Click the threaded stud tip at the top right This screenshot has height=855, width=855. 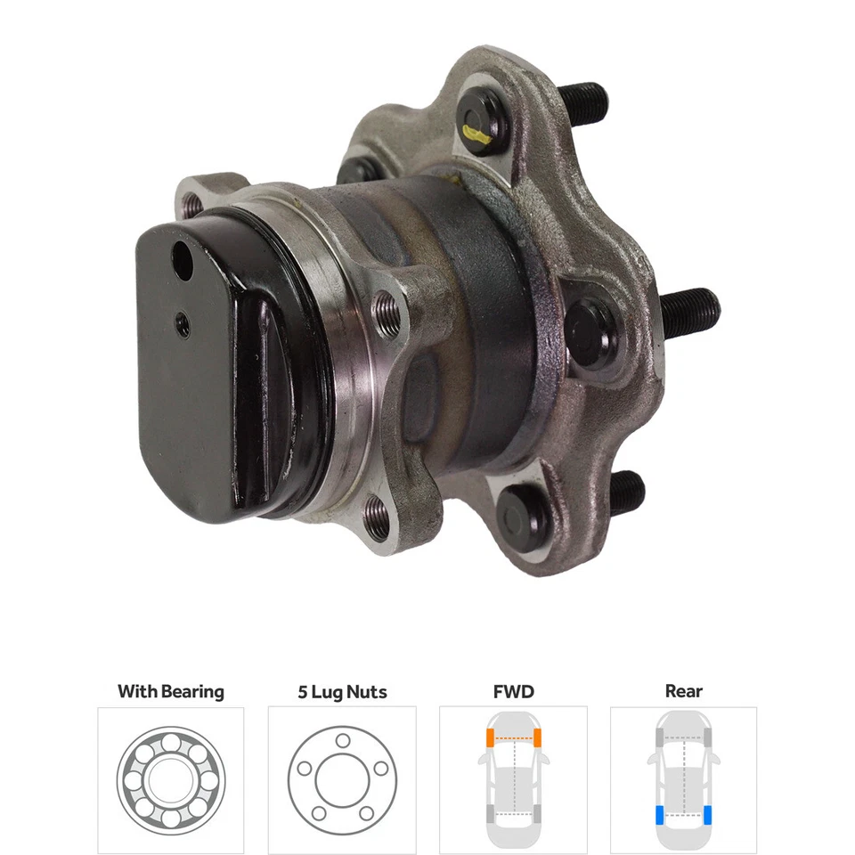coord(582,102)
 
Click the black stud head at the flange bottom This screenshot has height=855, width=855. coord(521,516)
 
